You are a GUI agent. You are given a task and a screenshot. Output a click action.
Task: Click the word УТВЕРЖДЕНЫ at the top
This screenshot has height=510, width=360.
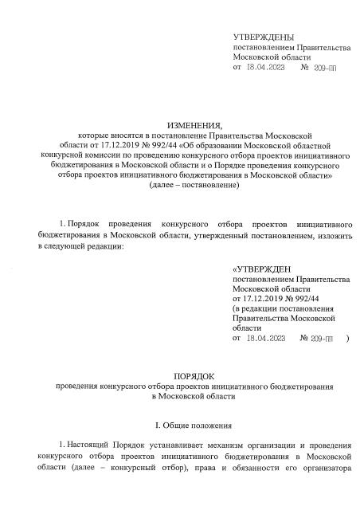click(x=263, y=37)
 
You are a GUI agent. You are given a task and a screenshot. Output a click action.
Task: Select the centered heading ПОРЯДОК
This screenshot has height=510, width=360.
click(x=183, y=375)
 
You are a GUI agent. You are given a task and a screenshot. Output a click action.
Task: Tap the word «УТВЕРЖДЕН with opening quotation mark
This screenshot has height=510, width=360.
click(x=260, y=269)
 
